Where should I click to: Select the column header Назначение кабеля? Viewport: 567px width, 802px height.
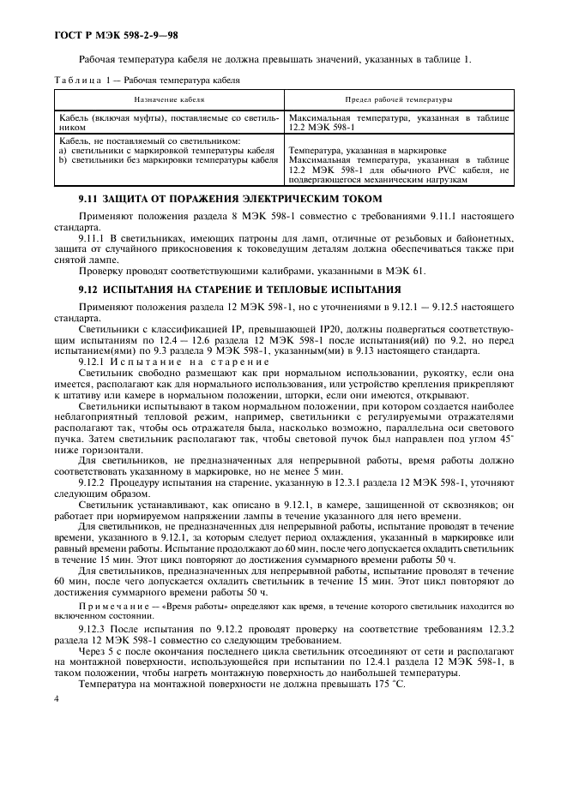[168, 100]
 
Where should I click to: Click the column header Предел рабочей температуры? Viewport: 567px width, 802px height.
[398, 100]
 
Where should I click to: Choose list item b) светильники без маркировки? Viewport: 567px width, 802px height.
[168, 159]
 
